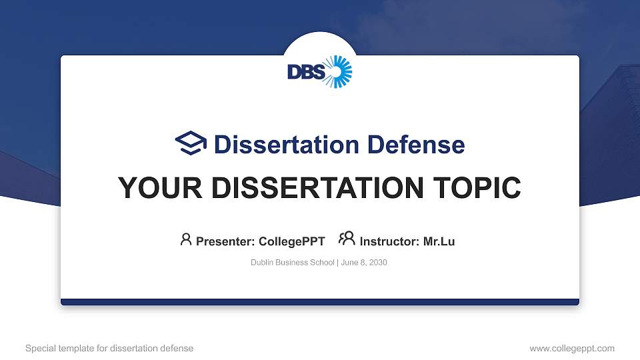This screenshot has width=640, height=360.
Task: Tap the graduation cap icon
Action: [x=191, y=143]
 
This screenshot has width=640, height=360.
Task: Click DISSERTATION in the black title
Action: [x=311, y=188]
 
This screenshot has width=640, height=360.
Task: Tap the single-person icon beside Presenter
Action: [x=186, y=239]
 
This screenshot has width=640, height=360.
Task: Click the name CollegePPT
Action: [x=292, y=241]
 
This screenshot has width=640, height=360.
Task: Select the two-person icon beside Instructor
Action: [x=347, y=239]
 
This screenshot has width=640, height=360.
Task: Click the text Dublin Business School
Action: [x=293, y=263]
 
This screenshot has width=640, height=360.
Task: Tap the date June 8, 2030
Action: [x=364, y=263]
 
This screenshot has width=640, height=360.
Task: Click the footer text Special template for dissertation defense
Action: [x=109, y=348]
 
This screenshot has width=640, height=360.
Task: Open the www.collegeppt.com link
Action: [x=572, y=348]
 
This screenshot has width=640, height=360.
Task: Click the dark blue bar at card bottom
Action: [x=320, y=302]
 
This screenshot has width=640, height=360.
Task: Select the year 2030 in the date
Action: [x=377, y=263]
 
